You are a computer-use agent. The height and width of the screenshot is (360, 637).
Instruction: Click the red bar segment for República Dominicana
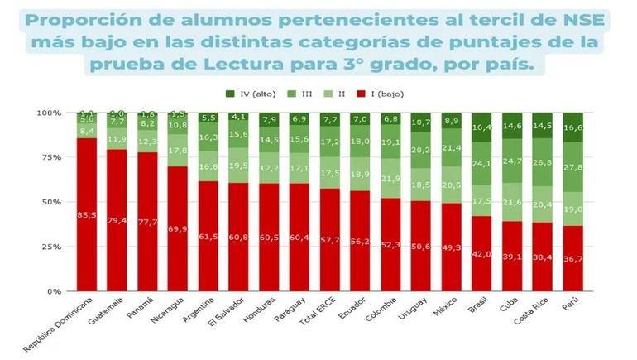[86, 214]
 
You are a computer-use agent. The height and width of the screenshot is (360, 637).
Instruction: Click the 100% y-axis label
[46, 113]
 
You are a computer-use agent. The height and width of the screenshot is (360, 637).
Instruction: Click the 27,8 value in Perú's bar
[572, 167]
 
